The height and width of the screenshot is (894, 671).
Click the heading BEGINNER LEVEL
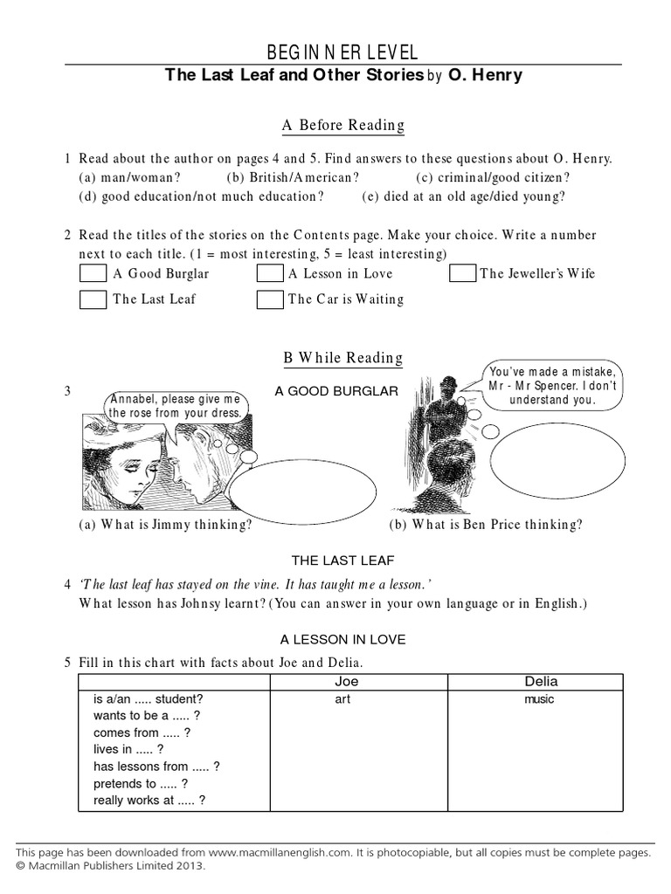342,52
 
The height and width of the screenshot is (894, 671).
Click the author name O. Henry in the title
486,76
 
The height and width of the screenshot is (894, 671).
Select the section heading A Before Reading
342,126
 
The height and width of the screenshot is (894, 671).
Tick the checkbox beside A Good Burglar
93,273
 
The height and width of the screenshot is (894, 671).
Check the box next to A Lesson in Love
270,273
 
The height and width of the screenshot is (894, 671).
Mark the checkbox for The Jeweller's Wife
463,273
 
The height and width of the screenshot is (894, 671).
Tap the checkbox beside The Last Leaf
93,299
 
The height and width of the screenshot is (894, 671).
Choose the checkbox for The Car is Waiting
270,299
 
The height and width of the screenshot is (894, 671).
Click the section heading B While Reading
342,357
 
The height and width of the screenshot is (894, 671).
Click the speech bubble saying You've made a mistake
552,385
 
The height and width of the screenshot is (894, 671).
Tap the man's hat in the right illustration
447,383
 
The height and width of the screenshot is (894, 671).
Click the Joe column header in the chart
347,681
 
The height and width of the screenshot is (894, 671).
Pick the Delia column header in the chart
541,681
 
